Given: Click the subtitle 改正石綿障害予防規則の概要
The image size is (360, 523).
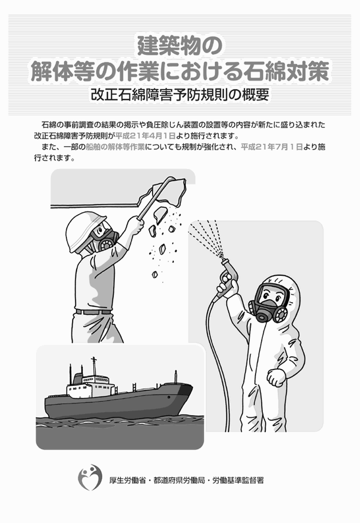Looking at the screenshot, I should tap(180, 94).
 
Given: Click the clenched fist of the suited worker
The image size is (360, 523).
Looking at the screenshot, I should tap(276, 377).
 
